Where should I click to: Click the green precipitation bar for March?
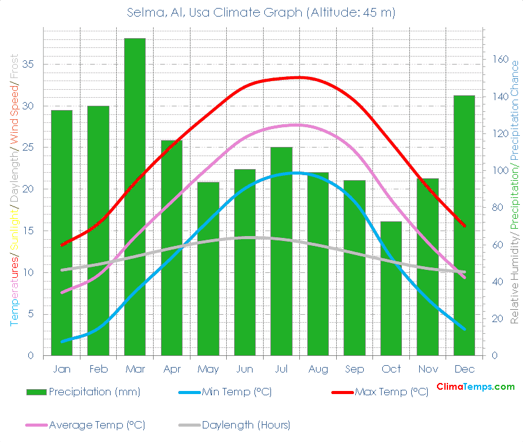pyautogui.click(x=135, y=197)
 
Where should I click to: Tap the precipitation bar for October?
pyautogui.click(x=391, y=288)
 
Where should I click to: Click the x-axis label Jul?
pyautogui.click(x=281, y=369)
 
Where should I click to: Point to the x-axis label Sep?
pyautogui.click(x=354, y=369)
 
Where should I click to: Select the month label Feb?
pyautogui.click(x=98, y=369)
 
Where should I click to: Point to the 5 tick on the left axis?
pyautogui.click(x=31, y=314)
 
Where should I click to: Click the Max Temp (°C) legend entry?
pyautogui.click(x=391, y=392)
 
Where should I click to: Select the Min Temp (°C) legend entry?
pyautogui.click(x=237, y=392)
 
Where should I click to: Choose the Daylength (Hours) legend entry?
pyautogui.click(x=246, y=425)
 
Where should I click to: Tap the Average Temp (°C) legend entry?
pyautogui.click(x=97, y=425)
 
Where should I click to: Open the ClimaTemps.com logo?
pyautogui.click(x=475, y=387)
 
